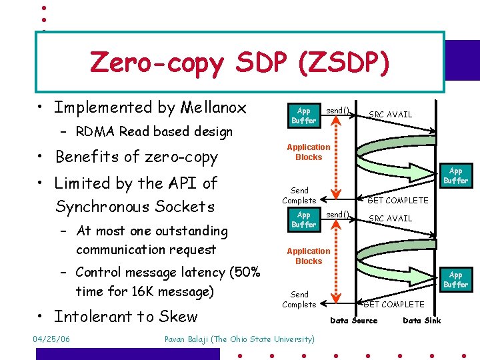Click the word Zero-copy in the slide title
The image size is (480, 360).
[x=156, y=63]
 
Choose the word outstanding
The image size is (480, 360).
[x=191, y=231]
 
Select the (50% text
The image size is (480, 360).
[x=243, y=272]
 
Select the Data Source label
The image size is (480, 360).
[x=354, y=321]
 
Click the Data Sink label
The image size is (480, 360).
[x=422, y=321]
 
